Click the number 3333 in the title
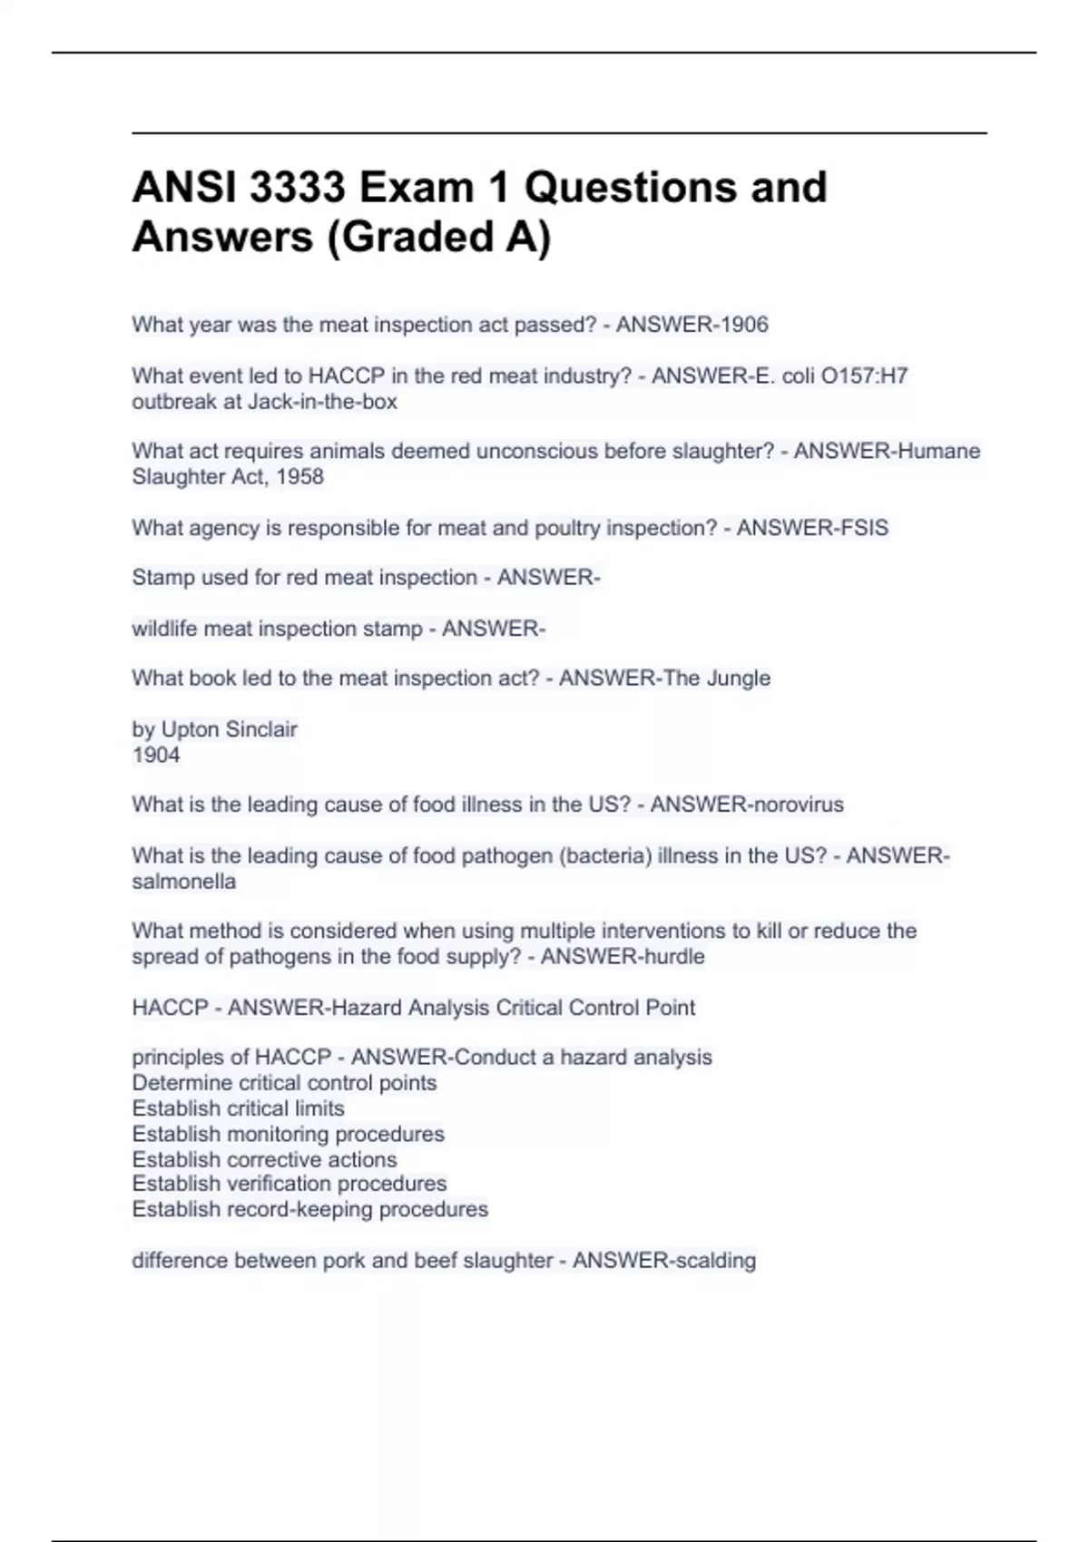297,188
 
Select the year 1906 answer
744,325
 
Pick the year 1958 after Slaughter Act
299,476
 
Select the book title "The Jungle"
717,678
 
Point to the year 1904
156,755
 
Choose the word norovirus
794,805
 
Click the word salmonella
184,881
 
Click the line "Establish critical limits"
238,1108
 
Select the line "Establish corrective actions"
264,1159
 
